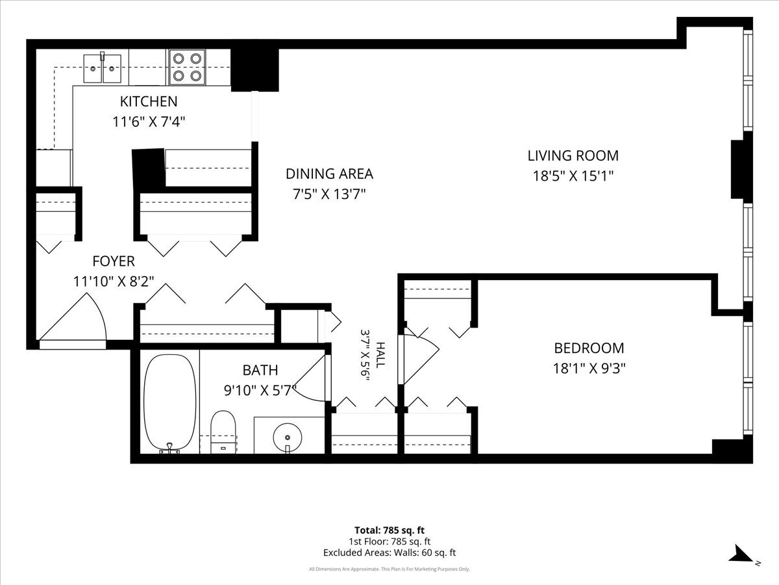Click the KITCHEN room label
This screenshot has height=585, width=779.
point(149,101)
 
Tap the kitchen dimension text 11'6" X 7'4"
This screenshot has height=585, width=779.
point(149,122)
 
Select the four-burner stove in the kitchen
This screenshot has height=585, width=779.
point(187,67)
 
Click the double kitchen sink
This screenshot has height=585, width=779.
point(102,68)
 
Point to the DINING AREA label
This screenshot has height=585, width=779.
point(329,174)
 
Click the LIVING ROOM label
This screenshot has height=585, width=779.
point(573,155)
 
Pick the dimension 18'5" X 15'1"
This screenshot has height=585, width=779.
point(573,175)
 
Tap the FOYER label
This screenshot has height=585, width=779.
point(114,261)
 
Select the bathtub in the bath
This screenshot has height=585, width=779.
point(169,403)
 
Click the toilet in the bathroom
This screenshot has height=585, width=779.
point(223,432)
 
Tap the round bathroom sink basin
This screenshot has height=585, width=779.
point(288,437)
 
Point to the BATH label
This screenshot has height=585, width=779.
point(260,370)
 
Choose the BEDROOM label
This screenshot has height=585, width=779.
point(589,348)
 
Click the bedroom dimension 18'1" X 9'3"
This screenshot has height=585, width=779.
point(589,369)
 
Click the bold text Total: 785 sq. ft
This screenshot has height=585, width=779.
point(389,530)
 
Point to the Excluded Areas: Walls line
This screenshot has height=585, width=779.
point(389,552)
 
